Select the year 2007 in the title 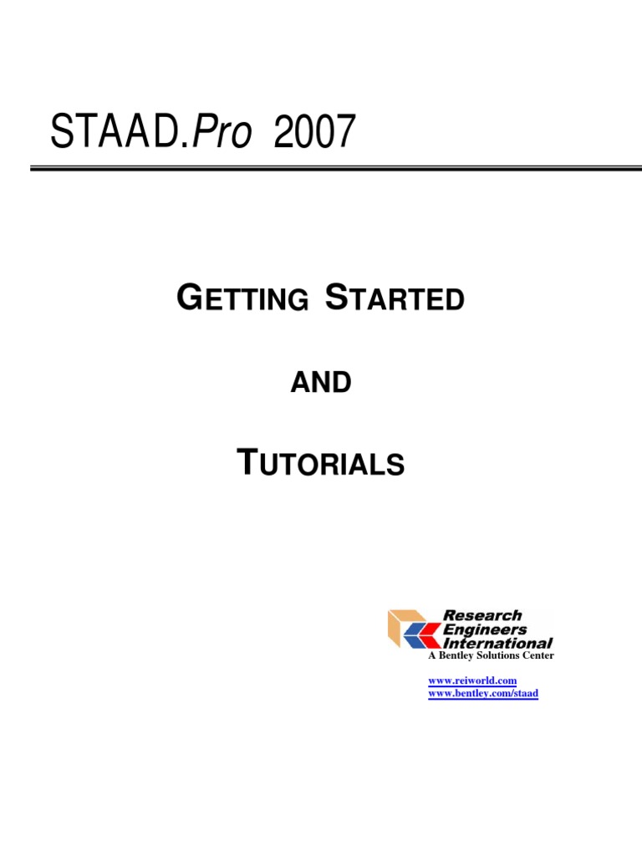313,133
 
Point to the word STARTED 394,298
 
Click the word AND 320,383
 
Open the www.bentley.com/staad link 483,694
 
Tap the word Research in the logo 482,615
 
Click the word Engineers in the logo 485,629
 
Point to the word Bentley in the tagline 456,656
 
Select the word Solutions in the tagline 501,656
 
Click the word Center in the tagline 540,656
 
